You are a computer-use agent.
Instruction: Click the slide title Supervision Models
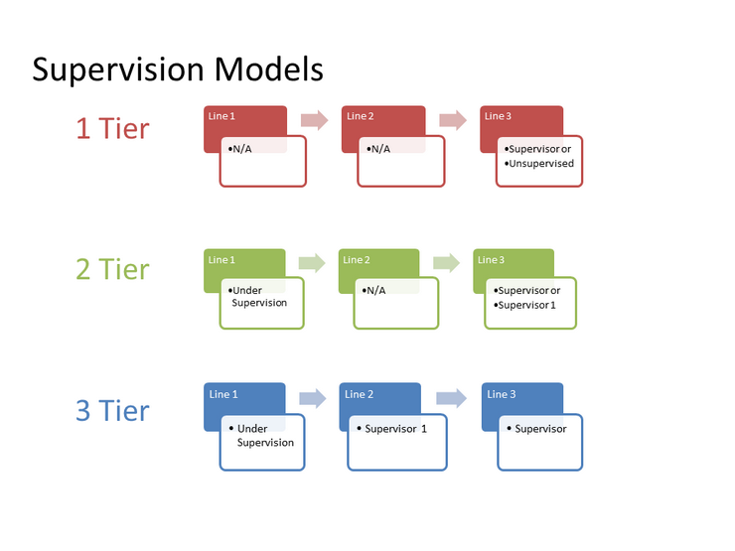coord(178,70)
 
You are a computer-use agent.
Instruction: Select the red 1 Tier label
coord(113,128)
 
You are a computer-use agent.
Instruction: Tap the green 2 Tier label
coord(113,269)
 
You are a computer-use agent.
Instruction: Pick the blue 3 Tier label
coord(113,410)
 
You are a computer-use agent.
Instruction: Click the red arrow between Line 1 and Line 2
coord(314,120)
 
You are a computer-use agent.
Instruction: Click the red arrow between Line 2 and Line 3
coord(453,120)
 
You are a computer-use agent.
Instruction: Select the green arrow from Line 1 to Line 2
coord(312,263)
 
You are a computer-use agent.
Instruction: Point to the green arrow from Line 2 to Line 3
coord(447,263)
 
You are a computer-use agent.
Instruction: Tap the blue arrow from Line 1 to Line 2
coord(312,398)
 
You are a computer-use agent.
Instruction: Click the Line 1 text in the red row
coord(221,116)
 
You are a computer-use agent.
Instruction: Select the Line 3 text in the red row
coord(498,116)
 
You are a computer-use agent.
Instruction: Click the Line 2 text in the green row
coord(357,260)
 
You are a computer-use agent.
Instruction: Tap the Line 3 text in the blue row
coord(502,394)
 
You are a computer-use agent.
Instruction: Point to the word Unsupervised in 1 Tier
coord(540,163)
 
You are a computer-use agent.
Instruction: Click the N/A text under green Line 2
coord(376,290)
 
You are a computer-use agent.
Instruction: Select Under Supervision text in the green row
coord(258,296)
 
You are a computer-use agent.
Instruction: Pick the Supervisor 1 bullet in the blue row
coord(395,429)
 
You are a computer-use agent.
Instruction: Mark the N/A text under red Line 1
coord(242,149)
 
